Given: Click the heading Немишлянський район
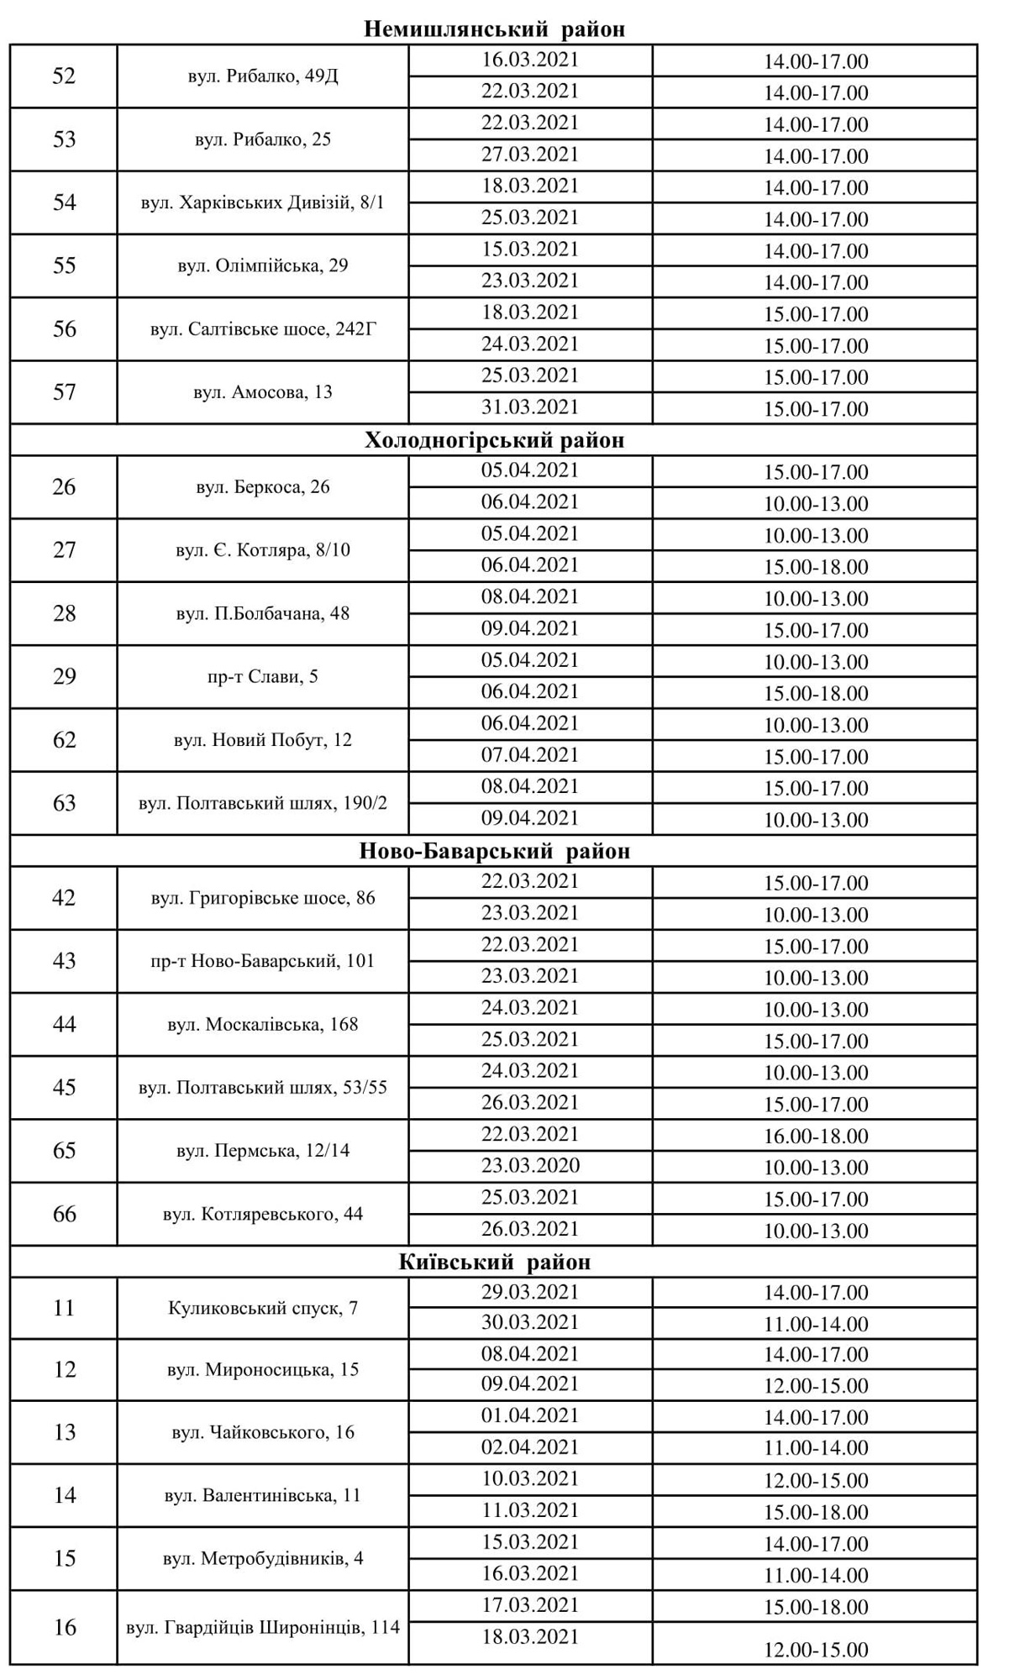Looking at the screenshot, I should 495,29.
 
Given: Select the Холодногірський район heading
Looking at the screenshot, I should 495,440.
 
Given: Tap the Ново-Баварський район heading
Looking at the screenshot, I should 495,851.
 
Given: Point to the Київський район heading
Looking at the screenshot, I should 495,1262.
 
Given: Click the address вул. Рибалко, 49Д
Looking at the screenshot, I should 263,76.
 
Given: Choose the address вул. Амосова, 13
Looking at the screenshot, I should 263,392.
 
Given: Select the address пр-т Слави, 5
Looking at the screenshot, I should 263,676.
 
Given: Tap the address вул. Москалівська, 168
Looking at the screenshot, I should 263,1024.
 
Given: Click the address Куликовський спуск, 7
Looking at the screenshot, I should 263,1308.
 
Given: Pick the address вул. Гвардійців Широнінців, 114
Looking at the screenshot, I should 263,1627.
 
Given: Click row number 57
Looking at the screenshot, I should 64,392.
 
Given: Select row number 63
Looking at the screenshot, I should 64,803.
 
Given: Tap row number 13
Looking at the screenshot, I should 64,1431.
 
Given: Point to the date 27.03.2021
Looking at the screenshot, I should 530,155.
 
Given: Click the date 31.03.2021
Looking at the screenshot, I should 530,407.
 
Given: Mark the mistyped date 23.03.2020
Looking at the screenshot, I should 530,1166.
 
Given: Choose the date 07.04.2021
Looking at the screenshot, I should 530,755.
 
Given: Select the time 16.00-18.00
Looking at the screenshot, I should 816,1136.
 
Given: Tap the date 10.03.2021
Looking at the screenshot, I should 530,1478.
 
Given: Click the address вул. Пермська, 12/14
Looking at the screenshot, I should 263,1151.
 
